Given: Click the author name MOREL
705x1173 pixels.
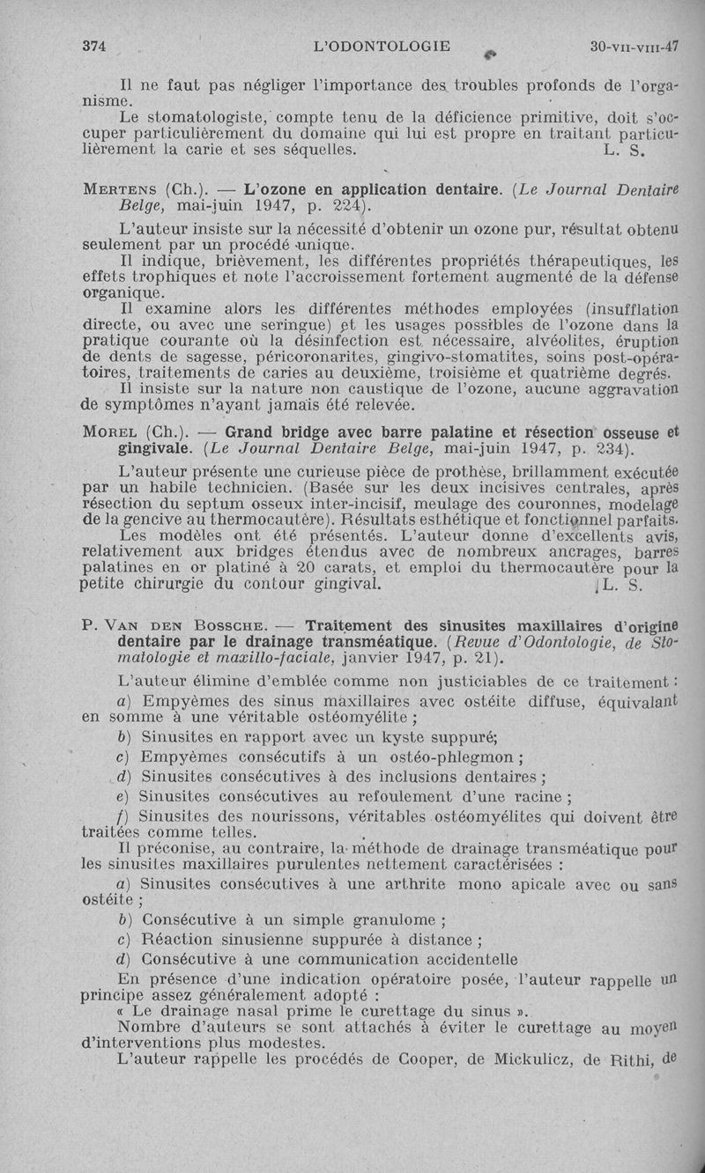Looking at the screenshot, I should (x=113, y=432).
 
